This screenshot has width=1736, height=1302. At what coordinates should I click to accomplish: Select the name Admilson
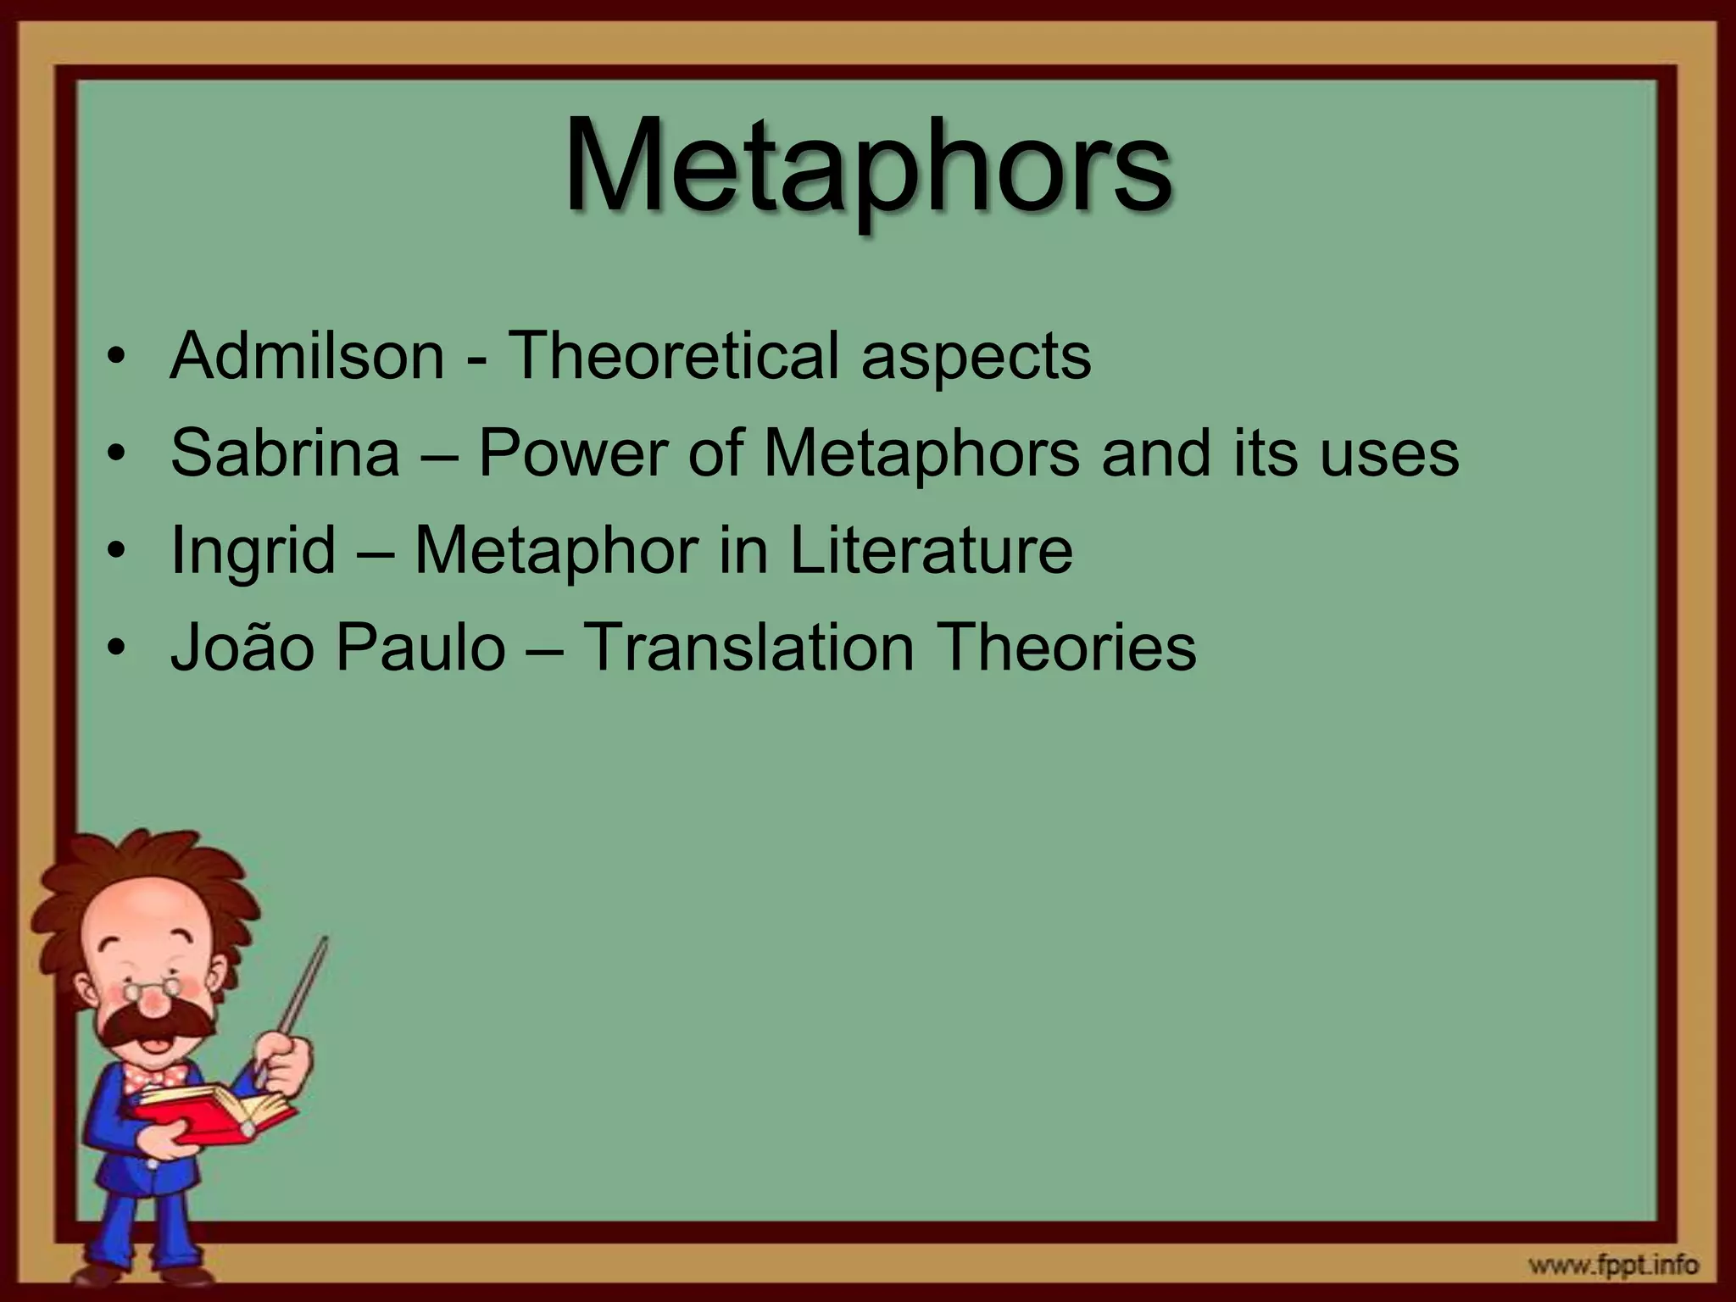coord(307,356)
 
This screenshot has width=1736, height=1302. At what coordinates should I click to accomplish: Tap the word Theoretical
coord(673,356)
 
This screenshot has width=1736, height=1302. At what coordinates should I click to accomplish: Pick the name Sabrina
coord(285,453)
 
